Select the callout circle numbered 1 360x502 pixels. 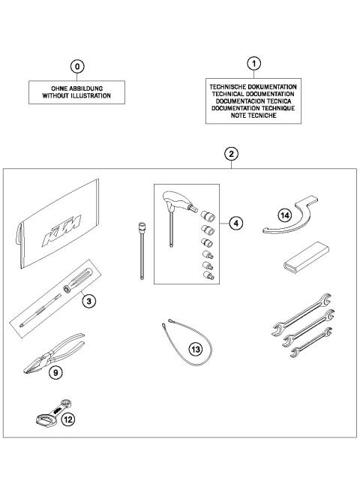click(254, 63)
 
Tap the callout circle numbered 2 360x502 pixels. click(232, 154)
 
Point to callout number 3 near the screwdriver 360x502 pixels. click(88, 302)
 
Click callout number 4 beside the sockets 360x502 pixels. click(235, 223)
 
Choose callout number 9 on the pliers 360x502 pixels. click(55, 371)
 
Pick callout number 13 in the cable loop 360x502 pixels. click(195, 348)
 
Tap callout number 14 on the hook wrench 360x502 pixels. click(284, 214)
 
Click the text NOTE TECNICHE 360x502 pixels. click(254, 116)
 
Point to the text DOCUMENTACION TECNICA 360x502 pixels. click(254, 101)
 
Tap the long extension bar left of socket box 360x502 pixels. click(140, 252)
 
